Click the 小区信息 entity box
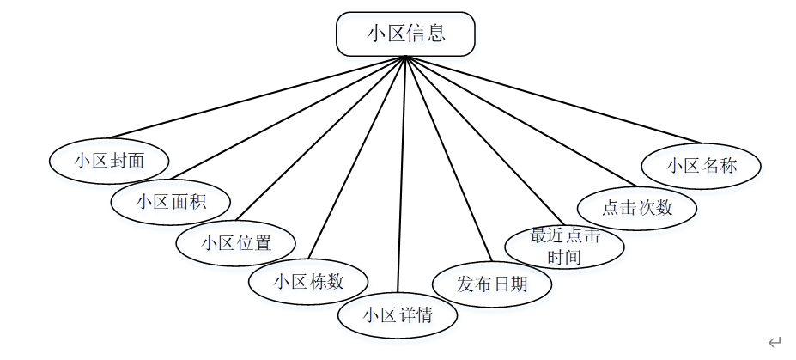[x=404, y=34]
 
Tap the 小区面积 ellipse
[x=171, y=202]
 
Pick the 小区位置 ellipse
[x=236, y=242]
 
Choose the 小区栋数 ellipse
[x=308, y=281]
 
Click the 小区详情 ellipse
[x=398, y=314]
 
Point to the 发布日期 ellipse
[x=492, y=284]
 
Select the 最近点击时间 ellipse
[x=564, y=246]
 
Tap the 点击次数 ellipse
[x=636, y=208]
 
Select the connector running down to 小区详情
[x=401, y=172]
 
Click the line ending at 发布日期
[x=447, y=159]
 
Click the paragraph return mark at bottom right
[x=775, y=342]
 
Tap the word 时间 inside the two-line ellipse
[x=564, y=256]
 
